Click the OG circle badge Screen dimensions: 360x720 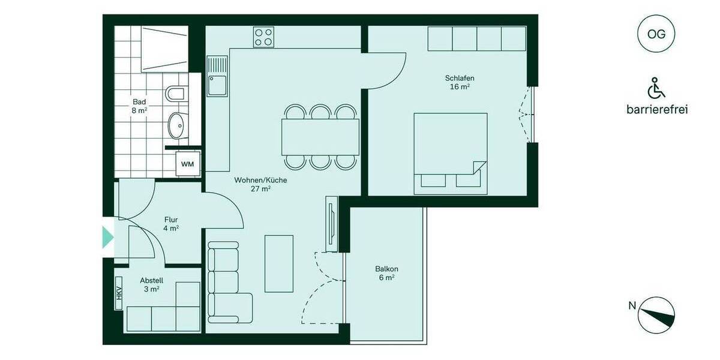(656, 34)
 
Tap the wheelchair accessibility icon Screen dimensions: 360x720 (656, 89)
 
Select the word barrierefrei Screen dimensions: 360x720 (656, 110)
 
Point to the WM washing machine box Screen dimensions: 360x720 (188, 163)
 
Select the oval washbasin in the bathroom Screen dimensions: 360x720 (177, 125)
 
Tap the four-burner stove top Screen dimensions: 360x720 (263, 37)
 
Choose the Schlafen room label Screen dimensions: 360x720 (460, 82)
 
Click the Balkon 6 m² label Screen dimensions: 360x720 (387, 273)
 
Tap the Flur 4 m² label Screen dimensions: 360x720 (171, 224)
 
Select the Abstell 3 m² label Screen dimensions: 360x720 (151, 284)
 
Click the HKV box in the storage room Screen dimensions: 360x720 (119, 293)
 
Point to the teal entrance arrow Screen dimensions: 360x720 (107, 237)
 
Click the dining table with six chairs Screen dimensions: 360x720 (320, 136)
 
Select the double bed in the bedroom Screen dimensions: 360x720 (450, 153)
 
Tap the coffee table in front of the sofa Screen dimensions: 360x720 (279, 263)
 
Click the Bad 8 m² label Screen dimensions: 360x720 (139, 106)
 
